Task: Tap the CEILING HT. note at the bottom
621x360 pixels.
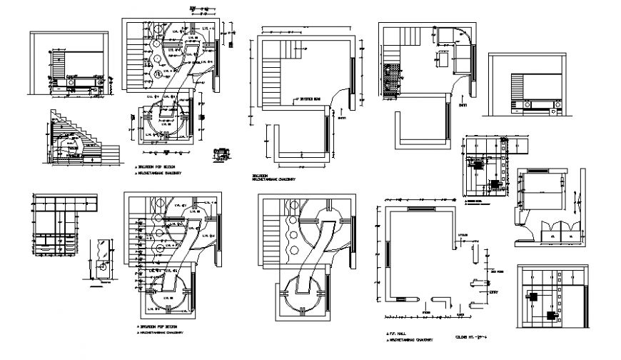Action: click(470, 336)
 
